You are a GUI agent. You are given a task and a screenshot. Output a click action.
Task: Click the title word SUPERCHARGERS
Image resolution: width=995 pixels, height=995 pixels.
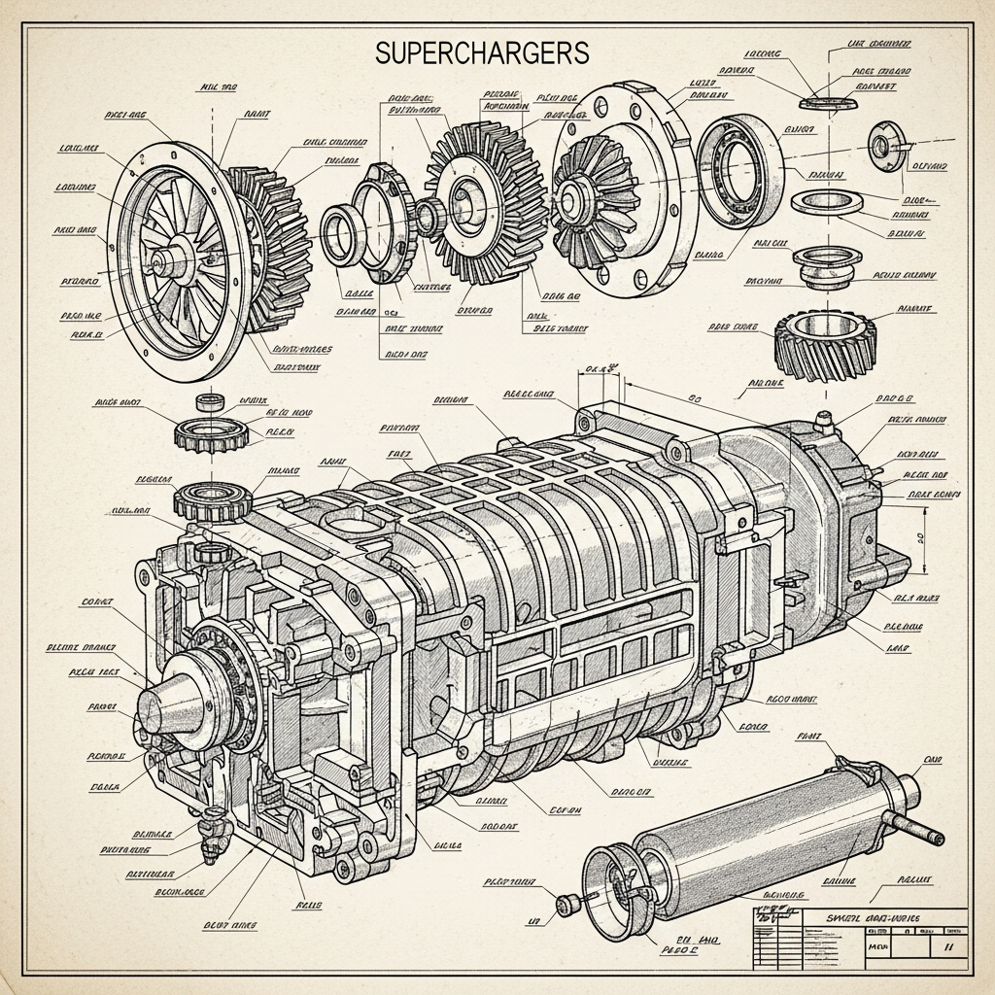pyautogui.click(x=482, y=53)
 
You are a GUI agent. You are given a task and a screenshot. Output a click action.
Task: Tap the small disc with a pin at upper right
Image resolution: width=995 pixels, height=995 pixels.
pyautogui.click(x=884, y=146)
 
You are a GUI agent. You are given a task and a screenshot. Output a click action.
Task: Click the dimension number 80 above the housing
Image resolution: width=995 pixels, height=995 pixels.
pyautogui.click(x=694, y=397)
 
